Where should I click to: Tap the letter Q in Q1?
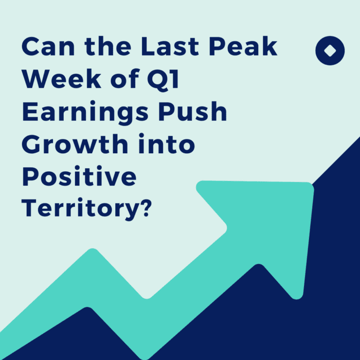[x=154, y=81]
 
